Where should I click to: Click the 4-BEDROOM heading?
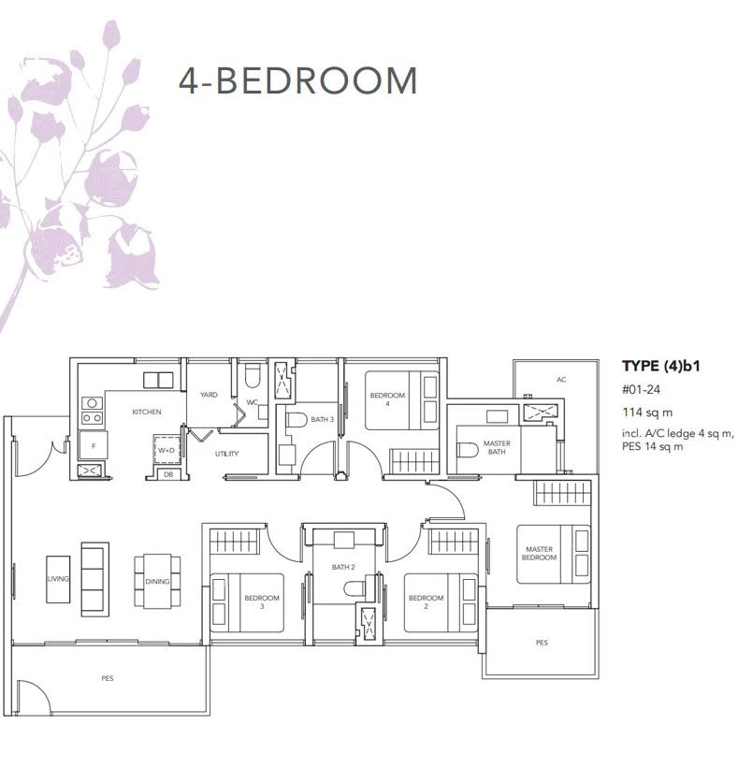[297, 80]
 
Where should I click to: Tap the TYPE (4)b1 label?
[660, 366]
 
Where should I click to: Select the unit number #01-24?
[641, 389]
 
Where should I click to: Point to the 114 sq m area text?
[647, 413]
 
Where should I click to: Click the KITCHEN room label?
[147, 412]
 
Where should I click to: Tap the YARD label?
[209, 395]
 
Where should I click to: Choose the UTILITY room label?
[227, 454]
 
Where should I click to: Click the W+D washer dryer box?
[166, 450]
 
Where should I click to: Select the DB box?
[168, 475]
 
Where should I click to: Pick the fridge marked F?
[94, 445]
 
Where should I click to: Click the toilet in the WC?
[253, 377]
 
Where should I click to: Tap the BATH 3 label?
[322, 419]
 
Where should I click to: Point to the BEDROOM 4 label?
[387, 399]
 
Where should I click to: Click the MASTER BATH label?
[497, 447]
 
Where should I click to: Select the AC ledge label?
[561, 380]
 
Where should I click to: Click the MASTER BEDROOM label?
[539, 553]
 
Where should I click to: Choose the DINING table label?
[157, 582]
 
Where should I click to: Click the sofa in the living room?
[94, 580]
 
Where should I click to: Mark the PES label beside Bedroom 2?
[542, 643]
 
